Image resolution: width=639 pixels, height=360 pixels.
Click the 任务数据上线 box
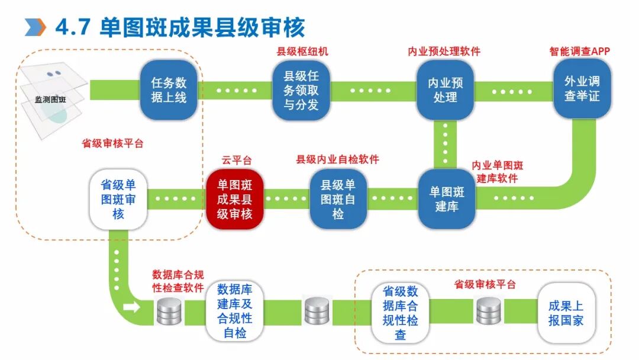168,89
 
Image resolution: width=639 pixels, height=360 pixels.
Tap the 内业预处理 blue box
445,89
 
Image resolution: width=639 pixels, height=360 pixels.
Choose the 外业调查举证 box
582,88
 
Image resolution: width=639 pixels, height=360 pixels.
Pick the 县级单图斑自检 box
338,199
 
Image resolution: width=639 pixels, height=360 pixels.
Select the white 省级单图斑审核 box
118,200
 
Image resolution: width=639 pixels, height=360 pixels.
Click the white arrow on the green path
132,307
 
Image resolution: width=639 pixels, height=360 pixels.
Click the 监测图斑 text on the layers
50,99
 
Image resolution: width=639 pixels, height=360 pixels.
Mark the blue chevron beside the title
35,27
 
